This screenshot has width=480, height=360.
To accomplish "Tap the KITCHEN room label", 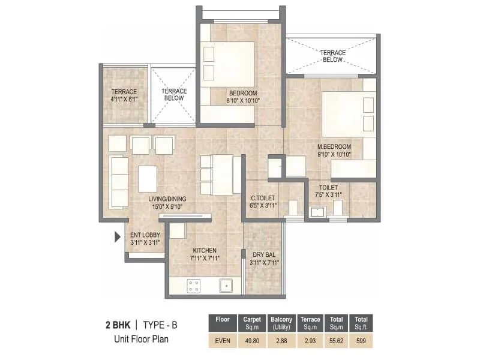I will click(x=205, y=250).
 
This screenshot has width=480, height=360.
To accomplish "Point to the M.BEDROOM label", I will click(x=335, y=146).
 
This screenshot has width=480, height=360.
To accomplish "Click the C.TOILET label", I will click(x=262, y=197).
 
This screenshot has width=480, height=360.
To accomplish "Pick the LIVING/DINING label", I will click(x=168, y=199).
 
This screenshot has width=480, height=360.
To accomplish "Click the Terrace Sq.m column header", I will click(x=310, y=323).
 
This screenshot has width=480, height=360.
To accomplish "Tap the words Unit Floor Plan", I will click(x=142, y=338).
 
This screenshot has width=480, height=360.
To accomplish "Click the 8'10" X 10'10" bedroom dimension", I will click(x=243, y=101).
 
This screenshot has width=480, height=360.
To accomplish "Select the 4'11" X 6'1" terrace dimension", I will click(x=124, y=100).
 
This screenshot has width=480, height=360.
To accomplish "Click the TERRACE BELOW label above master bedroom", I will click(x=332, y=56).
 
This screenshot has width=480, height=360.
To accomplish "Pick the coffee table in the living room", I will click(x=148, y=178).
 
